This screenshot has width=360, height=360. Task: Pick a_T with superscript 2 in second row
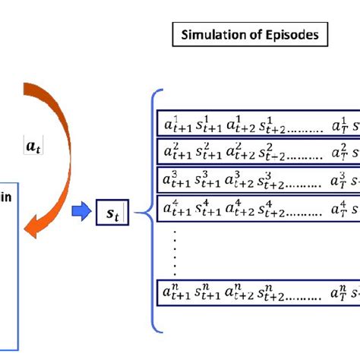338,150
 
